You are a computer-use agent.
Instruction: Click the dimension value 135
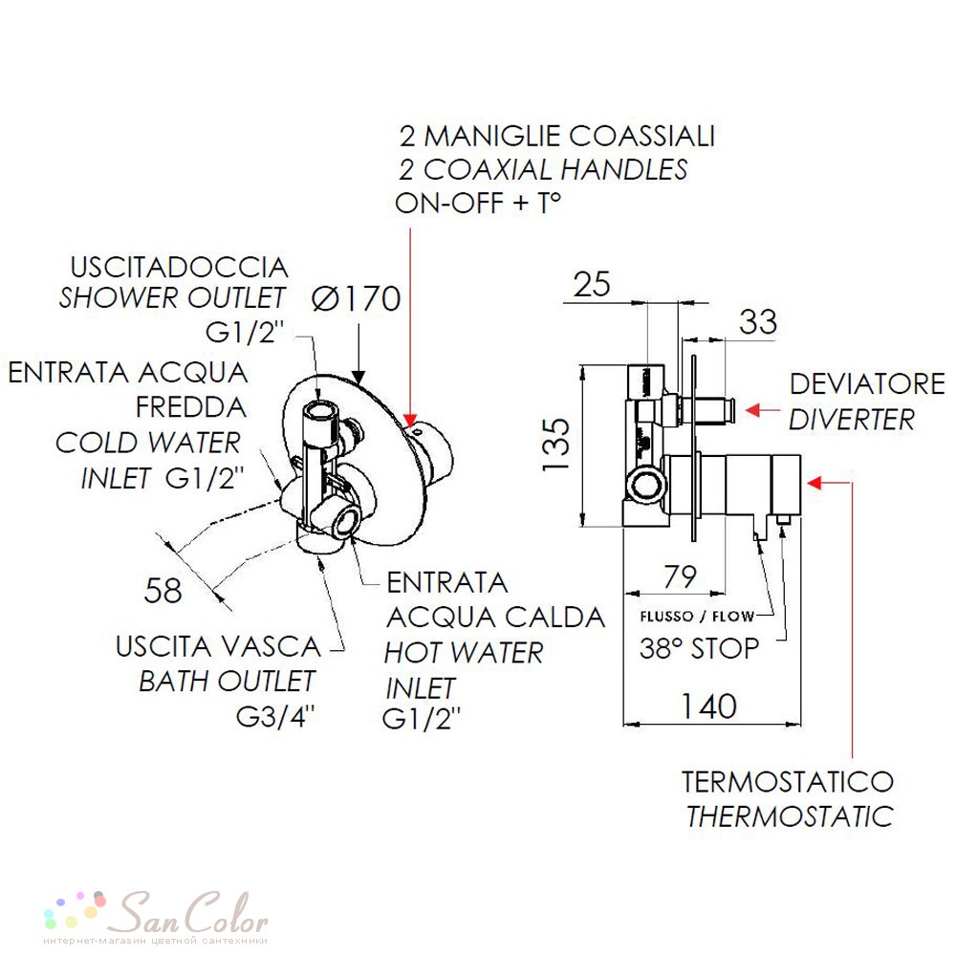click(556, 444)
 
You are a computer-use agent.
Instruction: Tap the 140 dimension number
click(708, 706)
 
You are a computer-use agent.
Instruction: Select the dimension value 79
click(680, 576)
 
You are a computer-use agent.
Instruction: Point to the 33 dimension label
click(758, 321)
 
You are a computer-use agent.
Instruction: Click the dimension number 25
click(592, 284)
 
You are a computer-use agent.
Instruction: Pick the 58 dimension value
click(163, 590)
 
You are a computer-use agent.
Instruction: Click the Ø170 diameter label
click(356, 298)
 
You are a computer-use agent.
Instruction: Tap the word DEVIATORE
click(867, 384)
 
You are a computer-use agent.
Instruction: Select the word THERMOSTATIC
click(791, 816)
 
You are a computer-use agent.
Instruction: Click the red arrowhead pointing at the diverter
click(753, 410)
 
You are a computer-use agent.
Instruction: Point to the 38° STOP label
click(700, 648)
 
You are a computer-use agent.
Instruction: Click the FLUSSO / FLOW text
click(697, 617)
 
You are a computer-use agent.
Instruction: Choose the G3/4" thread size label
click(275, 717)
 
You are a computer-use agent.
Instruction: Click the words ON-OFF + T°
click(478, 203)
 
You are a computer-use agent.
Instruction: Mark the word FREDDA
click(191, 407)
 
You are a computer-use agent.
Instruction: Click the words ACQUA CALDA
click(495, 618)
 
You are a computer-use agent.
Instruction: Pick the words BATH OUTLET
click(227, 682)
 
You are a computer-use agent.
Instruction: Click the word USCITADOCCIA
click(180, 268)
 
